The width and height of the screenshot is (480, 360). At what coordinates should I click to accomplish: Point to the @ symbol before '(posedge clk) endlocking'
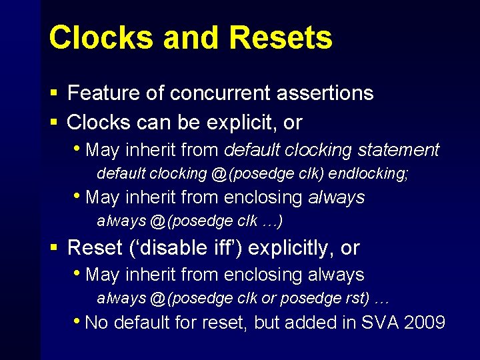coord(219,173)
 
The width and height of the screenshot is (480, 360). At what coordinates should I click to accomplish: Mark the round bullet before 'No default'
coord(79,323)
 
